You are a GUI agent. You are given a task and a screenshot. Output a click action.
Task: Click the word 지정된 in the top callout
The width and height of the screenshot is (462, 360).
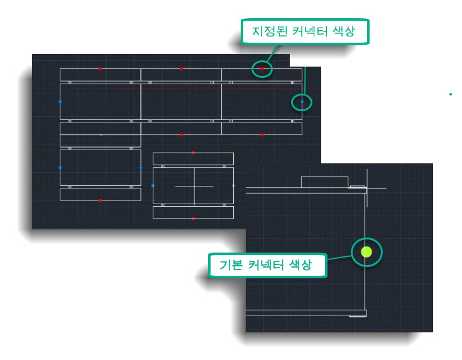(270, 31)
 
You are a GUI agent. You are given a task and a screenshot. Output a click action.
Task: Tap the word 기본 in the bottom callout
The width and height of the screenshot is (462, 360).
(231, 265)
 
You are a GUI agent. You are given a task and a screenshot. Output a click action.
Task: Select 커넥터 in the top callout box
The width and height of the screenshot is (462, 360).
(310, 31)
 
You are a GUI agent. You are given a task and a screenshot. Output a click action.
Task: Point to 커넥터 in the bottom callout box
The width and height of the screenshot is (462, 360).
(266, 265)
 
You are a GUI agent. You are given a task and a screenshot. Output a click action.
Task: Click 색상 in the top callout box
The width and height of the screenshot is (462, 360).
(344, 31)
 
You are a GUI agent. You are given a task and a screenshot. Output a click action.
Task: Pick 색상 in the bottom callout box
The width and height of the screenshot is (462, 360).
(300, 265)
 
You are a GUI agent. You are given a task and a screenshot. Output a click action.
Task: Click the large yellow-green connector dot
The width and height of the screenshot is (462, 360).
(366, 252)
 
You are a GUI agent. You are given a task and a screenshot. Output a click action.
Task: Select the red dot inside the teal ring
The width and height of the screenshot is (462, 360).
(261, 68)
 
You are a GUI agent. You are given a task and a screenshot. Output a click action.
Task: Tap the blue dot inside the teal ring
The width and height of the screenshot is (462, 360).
(302, 102)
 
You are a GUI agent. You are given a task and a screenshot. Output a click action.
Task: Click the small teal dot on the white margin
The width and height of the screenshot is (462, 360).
(451, 94)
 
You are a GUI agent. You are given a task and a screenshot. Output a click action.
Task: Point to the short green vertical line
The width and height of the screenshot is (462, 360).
(106, 72)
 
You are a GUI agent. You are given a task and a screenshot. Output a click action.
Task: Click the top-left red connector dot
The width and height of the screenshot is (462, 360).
(101, 68)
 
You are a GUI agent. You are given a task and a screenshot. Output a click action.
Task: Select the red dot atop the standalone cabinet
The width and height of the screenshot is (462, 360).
(193, 153)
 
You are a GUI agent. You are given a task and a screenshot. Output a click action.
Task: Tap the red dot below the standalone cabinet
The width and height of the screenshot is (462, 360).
(193, 219)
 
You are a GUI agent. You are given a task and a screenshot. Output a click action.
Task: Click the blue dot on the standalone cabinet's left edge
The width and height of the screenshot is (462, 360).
(153, 185)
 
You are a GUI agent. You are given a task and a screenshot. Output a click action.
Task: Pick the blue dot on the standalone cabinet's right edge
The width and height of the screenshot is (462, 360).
(233, 185)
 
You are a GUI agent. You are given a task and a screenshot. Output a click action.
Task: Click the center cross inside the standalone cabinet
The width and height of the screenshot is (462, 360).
(194, 186)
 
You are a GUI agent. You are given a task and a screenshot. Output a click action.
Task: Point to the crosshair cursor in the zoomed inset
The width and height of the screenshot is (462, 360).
(367, 188)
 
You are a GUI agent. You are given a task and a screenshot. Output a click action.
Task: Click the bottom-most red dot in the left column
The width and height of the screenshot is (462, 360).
(101, 200)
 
